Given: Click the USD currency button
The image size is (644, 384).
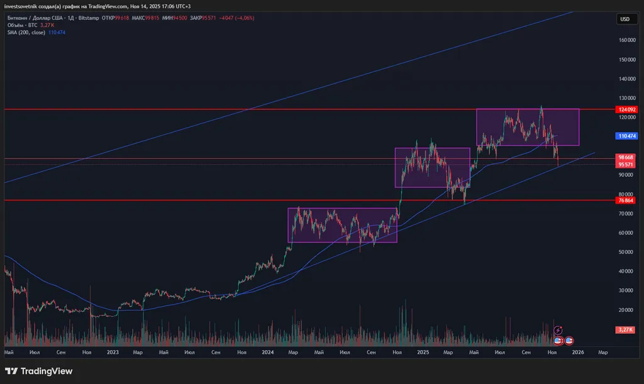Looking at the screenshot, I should (x=625, y=19).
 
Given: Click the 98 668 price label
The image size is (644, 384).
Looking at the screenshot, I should (x=625, y=157).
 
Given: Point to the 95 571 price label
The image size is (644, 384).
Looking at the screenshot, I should (x=625, y=165).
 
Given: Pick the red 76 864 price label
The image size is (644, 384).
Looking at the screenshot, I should (x=625, y=200).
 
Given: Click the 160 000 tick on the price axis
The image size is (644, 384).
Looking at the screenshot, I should (x=626, y=40).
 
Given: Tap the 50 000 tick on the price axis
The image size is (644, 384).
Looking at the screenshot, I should (x=625, y=252).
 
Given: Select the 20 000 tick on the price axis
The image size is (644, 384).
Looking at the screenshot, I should (x=625, y=310).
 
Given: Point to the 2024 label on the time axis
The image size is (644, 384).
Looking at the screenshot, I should (x=268, y=353).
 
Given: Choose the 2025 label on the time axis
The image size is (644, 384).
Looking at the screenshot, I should (x=423, y=353).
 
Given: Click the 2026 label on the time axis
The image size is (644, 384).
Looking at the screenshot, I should (x=577, y=353).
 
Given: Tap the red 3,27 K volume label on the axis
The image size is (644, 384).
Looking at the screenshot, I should (x=625, y=329).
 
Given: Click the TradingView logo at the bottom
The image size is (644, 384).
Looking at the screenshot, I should (x=39, y=371).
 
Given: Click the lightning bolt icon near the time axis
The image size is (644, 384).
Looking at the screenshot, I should (x=558, y=330).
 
